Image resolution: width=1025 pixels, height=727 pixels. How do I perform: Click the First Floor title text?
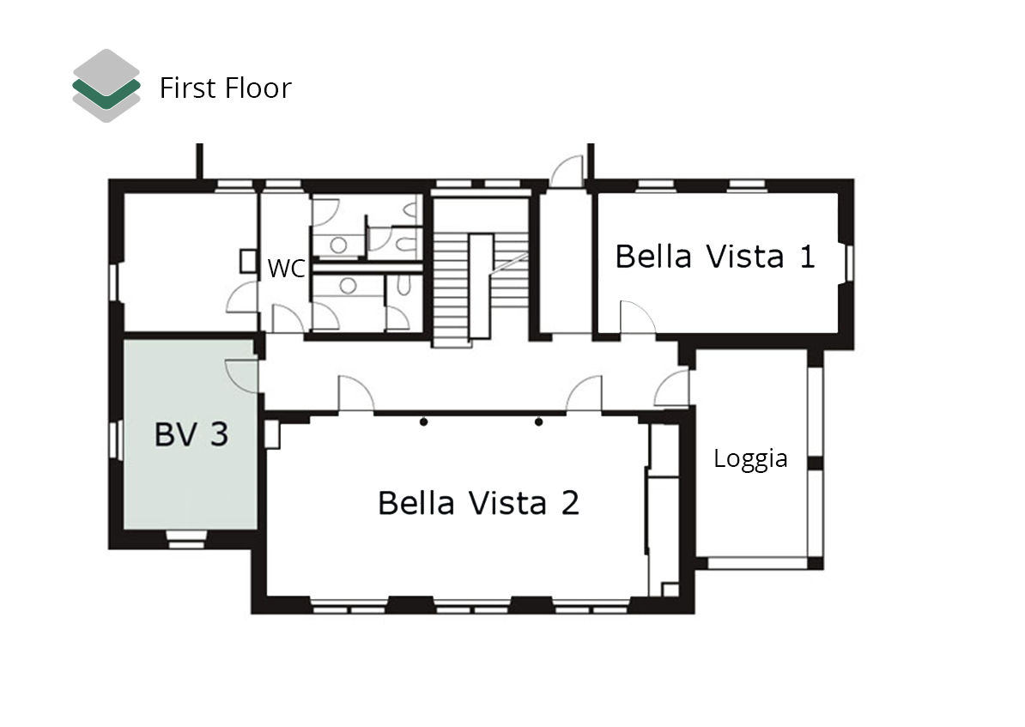226,88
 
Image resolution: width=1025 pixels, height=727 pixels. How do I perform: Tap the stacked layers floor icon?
106,86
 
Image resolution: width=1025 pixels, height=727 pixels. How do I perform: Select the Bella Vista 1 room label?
715,257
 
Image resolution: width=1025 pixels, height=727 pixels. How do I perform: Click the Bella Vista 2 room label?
478,503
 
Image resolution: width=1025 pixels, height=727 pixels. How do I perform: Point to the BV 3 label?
191,434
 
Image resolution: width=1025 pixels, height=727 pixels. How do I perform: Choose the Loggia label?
750,459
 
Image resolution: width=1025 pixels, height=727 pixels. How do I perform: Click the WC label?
287,268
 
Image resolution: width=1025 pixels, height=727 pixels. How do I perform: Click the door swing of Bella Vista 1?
637,318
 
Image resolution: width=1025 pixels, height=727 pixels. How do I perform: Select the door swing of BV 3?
242,376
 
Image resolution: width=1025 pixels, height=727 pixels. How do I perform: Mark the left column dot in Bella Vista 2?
423,422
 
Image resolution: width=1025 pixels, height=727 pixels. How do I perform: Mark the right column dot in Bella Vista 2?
538,422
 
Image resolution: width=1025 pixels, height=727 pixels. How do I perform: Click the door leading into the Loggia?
672,388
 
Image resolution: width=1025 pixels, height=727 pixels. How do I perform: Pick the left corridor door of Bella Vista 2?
355,394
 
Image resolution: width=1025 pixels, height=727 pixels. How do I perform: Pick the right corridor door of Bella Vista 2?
584,394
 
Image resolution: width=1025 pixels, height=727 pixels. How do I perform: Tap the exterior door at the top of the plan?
567,172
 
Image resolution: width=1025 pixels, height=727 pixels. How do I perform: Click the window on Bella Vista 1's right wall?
848,264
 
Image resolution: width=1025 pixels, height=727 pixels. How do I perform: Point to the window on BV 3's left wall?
117,440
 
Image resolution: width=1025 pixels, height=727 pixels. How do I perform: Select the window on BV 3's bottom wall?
186,539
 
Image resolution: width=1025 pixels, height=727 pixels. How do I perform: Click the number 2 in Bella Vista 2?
570,504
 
